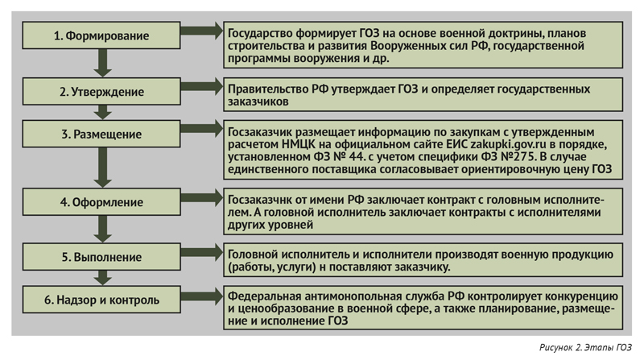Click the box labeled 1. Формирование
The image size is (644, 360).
click(101, 35)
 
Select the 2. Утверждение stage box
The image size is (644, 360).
click(101, 91)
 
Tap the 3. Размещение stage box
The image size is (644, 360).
click(101, 134)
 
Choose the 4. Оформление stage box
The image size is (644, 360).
click(101, 202)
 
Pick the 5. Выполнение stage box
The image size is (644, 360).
click(101, 257)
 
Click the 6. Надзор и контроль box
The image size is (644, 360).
click(101, 300)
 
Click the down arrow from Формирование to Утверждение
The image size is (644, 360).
click(103, 63)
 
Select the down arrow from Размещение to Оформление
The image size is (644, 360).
click(103, 168)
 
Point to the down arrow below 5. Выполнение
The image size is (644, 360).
click(103, 278)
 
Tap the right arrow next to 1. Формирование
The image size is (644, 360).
click(202, 31)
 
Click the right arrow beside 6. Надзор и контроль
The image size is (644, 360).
click(202, 296)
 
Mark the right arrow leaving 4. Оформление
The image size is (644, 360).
click(202, 197)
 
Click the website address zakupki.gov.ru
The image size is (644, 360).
click(508, 145)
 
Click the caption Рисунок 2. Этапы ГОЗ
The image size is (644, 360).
click(585, 348)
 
